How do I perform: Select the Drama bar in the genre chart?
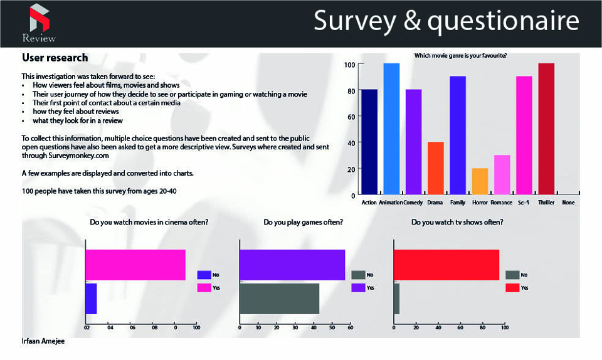point(435,168)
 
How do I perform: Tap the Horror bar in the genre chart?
point(480,181)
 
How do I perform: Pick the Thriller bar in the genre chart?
point(546,129)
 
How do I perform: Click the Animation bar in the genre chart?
point(391,129)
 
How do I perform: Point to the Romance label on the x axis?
point(502,202)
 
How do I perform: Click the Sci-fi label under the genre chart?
point(523,202)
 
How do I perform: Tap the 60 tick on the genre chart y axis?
point(351,117)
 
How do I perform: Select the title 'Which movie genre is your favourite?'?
point(460,56)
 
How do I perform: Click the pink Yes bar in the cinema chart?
point(135,265)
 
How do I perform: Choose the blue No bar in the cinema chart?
point(91,299)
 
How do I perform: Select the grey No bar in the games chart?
point(280,299)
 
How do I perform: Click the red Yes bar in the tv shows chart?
point(446,265)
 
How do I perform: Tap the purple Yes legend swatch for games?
point(358,287)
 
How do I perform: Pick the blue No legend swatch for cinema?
point(204,275)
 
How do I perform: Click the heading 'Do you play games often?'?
point(304,222)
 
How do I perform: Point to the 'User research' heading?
point(55,58)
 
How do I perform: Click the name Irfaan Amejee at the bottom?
point(43,341)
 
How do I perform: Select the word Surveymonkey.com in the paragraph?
point(78,156)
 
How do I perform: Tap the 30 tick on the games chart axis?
point(295,327)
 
